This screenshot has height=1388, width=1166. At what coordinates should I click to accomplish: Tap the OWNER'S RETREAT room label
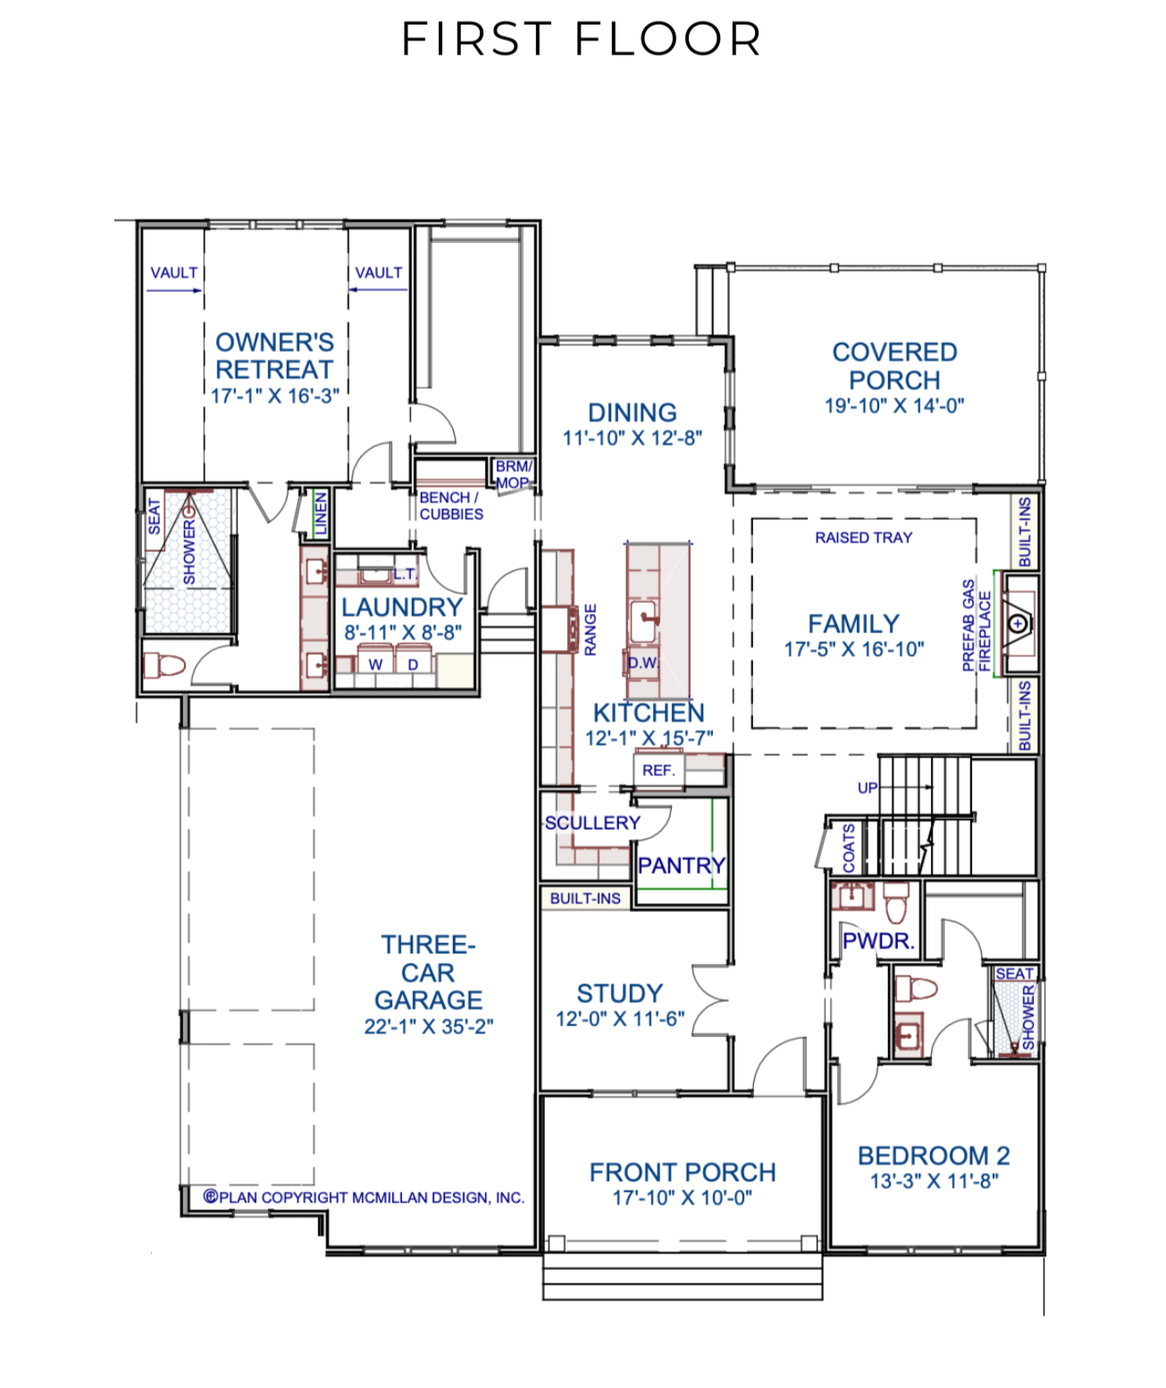coord(274,355)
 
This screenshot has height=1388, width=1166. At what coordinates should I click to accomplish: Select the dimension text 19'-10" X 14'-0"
coord(894,406)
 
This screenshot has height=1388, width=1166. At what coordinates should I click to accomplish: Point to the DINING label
coord(632,413)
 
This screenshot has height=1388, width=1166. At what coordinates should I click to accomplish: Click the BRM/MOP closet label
coord(514,474)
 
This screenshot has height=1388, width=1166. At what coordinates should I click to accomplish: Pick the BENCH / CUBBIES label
coord(451,506)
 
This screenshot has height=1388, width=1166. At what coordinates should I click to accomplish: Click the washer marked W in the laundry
coord(375,665)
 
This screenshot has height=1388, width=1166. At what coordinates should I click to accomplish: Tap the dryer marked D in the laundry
coord(413,665)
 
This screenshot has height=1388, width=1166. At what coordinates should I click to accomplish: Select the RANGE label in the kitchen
coord(590,630)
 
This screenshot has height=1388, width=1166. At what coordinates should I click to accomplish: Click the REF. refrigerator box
coord(658,770)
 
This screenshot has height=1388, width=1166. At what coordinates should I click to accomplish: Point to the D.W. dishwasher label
coord(643,663)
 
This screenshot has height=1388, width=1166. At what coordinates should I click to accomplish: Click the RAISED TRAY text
coord(863,537)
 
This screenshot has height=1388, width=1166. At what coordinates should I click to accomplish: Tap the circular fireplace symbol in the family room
coord(1018,623)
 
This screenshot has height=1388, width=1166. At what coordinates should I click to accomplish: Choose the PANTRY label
coord(681,865)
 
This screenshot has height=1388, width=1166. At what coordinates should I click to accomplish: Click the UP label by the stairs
coord(867,788)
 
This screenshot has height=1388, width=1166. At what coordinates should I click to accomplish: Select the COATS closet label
coord(849,848)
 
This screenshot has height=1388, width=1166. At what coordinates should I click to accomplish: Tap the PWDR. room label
coord(878,941)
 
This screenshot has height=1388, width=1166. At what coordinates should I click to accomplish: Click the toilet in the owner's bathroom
coord(164,665)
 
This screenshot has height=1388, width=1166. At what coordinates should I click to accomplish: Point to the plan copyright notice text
coord(364,1197)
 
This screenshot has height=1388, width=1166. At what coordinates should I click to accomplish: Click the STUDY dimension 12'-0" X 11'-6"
coord(620,1018)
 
